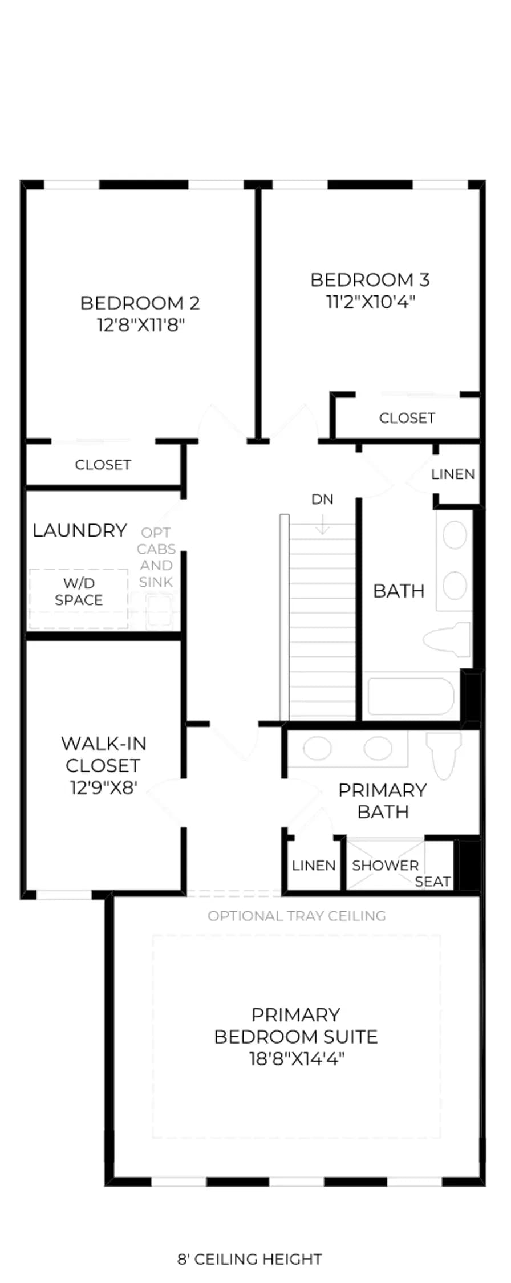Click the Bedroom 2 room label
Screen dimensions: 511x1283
[x=140, y=303]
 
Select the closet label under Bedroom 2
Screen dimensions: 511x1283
[x=103, y=465]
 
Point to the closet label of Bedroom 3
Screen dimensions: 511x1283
[x=407, y=418]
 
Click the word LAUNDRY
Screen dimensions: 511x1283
[x=79, y=530]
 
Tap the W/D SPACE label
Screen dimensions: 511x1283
[x=79, y=591]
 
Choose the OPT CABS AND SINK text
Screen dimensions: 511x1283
[x=156, y=557]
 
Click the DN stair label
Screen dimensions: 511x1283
[x=322, y=500]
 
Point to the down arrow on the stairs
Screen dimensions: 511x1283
[x=322, y=525]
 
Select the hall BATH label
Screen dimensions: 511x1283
[x=399, y=591]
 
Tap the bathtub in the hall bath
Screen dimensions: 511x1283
[x=410, y=696]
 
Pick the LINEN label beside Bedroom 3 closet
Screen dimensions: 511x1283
[x=453, y=474]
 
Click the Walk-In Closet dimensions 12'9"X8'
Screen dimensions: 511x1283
[x=103, y=787]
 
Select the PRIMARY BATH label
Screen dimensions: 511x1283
[x=383, y=801]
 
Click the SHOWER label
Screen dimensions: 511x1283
[x=385, y=865]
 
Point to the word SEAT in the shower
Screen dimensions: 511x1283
[x=432, y=882]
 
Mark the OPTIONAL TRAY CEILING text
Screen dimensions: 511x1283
[x=297, y=916]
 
